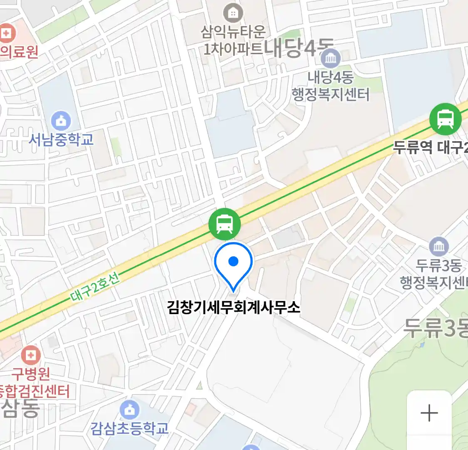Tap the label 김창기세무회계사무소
click(x=233, y=307)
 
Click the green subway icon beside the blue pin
click(x=225, y=224)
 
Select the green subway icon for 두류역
click(x=446, y=119)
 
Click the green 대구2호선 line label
click(x=95, y=287)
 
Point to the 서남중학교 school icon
click(x=61, y=121)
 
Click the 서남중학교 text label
click(x=61, y=139)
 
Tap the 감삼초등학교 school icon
click(x=130, y=410)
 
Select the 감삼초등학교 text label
click(x=130, y=428)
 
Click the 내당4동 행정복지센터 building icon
click(x=331, y=59)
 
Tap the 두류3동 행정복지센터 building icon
click(x=439, y=247)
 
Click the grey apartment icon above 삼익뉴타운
click(x=233, y=13)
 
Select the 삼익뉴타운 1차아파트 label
click(x=233, y=40)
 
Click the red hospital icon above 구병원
click(x=30, y=355)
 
